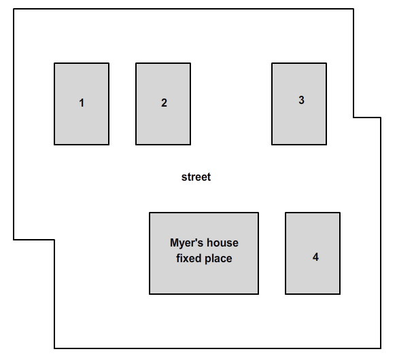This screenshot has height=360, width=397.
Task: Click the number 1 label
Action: pyautogui.click(x=82, y=103)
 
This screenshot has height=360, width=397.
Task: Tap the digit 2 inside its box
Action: pyautogui.click(x=164, y=103)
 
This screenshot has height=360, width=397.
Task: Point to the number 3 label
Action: pyautogui.click(x=301, y=100)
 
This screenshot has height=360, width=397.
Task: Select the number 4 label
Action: pyautogui.click(x=315, y=257)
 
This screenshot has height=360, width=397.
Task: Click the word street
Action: pyautogui.click(x=196, y=177)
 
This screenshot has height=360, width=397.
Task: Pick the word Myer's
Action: pyautogui.click(x=186, y=243)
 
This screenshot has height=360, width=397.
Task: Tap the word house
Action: pyautogui.click(x=222, y=243)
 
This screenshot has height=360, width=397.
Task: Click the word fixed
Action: pyautogui.click(x=188, y=258)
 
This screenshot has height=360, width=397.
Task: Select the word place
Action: pyautogui.click(x=218, y=259)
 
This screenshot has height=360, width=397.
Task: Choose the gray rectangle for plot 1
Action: pyautogui.click(x=82, y=104)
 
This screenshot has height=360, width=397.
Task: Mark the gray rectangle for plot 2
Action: pyautogui.click(x=163, y=104)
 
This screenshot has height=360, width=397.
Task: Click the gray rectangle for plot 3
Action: pyautogui.click(x=299, y=104)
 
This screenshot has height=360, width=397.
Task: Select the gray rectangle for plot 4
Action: pyautogui.click(x=313, y=253)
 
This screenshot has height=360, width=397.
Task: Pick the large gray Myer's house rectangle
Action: pyautogui.click(x=204, y=253)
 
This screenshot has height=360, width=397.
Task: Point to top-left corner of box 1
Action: pyautogui.click(x=54, y=63)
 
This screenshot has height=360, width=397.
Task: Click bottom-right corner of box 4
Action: pyautogui.click(x=340, y=294)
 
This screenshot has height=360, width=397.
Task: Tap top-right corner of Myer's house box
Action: pyautogui.click(x=258, y=213)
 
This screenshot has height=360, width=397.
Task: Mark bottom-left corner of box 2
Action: pyautogui.click(x=136, y=145)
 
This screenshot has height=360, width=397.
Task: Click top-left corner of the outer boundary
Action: pyautogui.click(x=14, y=9)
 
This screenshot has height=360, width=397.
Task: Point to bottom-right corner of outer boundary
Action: pyautogui.click(x=381, y=348)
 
